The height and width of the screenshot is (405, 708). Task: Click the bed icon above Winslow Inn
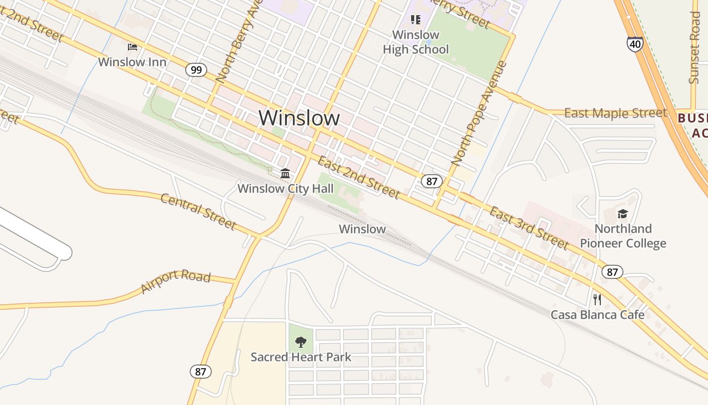[x=132, y=47]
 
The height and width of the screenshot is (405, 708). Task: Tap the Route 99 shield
[x=196, y=69]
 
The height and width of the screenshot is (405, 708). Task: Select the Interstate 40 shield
[x=635, y=44]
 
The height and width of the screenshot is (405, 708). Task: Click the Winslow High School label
[x=416, y=42]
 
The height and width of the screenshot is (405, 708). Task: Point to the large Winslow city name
[x=299, y=117]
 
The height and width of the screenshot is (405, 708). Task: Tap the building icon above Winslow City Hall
[x=285, y=174]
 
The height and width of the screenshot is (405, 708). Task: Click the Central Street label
[x=198, y=211]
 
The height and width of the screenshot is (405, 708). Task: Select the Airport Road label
[x=175, y=281]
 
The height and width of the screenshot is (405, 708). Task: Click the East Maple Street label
[x=615, y=113]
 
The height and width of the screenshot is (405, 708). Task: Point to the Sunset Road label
[x=695, y=48]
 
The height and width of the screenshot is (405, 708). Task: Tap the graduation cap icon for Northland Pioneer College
[x=623, y=214]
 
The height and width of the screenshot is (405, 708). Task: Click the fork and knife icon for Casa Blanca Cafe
[x=597, y=299]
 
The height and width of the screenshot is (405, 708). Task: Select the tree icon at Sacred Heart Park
[x=301, y=342]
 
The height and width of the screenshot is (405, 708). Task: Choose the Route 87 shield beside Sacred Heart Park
[x=201, y=372]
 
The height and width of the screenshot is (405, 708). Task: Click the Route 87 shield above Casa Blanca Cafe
[x=612, y=272]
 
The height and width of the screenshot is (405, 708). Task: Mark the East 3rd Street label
[x=529, y=228]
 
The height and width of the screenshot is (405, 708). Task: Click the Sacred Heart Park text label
[x=301, y=357]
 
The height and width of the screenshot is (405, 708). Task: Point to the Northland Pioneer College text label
[x=623, y=236]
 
